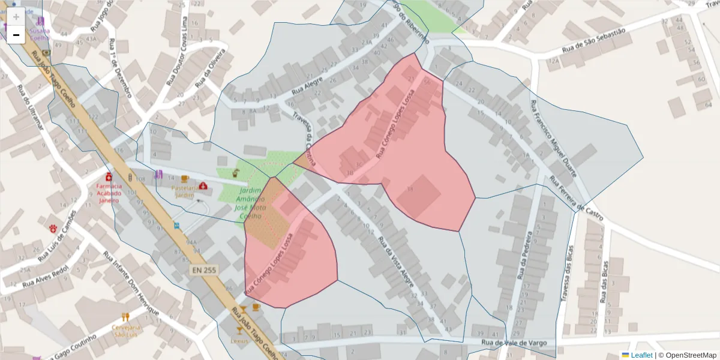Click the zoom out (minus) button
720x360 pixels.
[16, 35]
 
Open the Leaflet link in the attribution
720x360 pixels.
[641, 355]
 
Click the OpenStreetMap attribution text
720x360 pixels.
[690, 355]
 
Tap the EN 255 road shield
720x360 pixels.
[204, 271]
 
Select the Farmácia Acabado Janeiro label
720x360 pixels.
[109, 193]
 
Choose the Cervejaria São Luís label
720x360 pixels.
[126, 331]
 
